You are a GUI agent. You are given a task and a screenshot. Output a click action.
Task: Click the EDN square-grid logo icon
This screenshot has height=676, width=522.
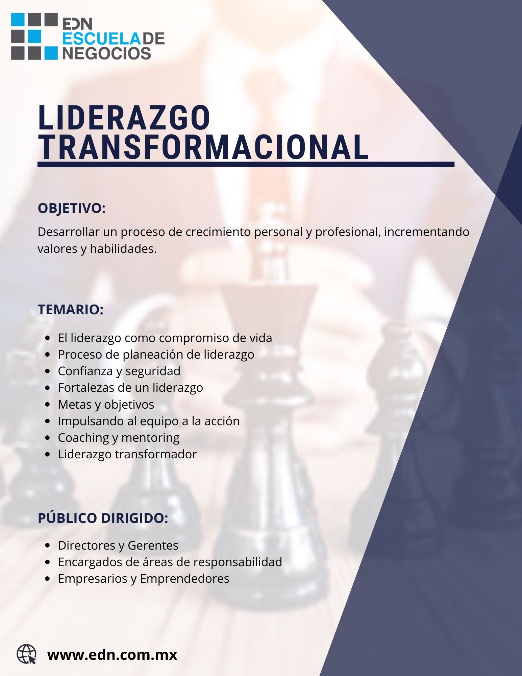coord(34,37)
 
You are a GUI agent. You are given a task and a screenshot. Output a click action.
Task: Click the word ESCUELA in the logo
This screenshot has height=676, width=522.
coord(102,39)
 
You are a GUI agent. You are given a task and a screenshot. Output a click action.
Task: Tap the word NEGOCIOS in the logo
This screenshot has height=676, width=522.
coord(107,53)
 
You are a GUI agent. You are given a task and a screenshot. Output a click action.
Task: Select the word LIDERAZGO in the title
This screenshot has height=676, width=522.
coord(124,118)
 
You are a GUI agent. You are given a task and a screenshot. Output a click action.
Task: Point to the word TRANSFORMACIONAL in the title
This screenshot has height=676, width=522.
coord(203,147)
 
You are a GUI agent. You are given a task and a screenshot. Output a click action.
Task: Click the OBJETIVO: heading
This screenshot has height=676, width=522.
coord(72,209)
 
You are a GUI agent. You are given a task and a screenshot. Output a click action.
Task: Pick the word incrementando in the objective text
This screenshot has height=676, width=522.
coord(427,232)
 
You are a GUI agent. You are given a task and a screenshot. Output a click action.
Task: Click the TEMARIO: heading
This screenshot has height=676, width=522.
coord(71,310)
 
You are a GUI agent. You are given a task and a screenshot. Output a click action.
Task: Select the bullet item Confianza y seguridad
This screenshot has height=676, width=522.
coord(119,371)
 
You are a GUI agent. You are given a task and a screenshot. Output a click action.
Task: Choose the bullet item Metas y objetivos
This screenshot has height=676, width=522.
coord(106,405)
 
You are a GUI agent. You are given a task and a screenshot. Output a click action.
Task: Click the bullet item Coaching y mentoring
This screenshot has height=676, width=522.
coord(119,438)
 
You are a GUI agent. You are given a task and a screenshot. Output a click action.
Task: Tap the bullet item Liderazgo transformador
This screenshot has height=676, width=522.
coord(127,454)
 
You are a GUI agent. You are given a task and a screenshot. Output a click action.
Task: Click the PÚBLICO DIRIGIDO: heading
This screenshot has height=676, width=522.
coord(103,518)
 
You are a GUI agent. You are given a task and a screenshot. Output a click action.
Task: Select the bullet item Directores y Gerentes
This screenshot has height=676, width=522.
coord(118,546)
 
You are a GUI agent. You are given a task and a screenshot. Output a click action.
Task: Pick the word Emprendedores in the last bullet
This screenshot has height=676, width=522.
coord(184,579)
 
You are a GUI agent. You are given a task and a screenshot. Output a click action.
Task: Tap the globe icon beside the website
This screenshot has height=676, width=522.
coord(26,654)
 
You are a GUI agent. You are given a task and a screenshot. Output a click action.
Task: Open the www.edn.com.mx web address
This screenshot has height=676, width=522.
coord(112,655)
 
